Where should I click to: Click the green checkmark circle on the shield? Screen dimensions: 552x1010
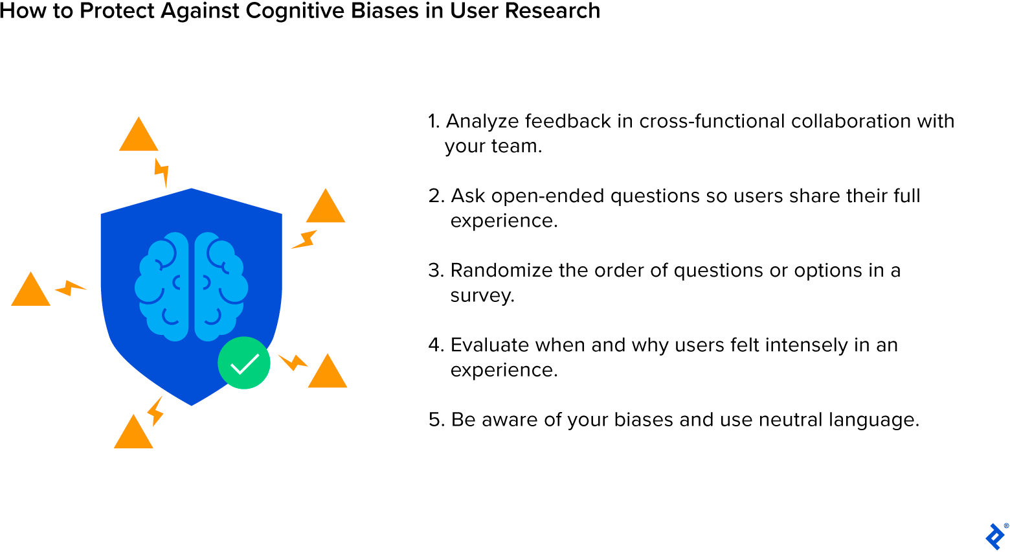pos(244,363)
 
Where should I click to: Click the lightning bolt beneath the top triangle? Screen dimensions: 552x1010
pos(161,172)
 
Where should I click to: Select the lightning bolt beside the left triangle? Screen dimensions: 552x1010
pos(70,288)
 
